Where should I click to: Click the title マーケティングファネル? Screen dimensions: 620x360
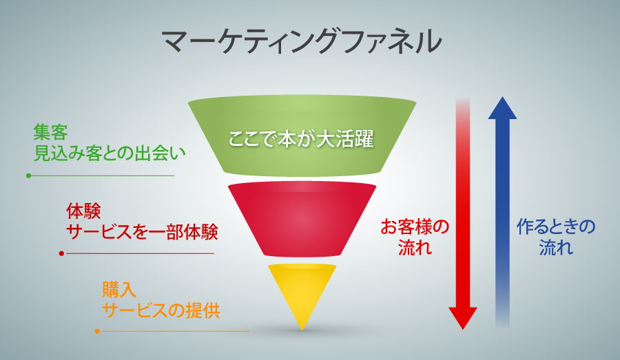(x=301, y=41)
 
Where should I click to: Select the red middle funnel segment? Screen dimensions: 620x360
(x=302, y=220)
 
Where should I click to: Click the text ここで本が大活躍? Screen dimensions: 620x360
(x=301, y=140)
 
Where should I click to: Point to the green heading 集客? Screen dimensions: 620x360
(x=50, y=132)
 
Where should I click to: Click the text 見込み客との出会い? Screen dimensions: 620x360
(x=110, y=153)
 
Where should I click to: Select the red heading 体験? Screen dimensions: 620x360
(x=83, y=211)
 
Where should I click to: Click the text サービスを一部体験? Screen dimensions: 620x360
(x=142, y=232)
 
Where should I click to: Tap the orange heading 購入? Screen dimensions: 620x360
(x=119, y=290)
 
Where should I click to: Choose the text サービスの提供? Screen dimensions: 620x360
(x=161, y=310)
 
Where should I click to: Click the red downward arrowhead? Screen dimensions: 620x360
(x=463, y=318)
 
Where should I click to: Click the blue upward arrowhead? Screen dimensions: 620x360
(x=503, y=108)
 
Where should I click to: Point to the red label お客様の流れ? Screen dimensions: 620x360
(x=415, y=237)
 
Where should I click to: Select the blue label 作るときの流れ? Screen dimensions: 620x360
(x=556, y=237)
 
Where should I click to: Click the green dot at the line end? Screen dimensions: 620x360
(x=28, y=176)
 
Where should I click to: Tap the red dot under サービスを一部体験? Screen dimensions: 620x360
(x=61, y=254)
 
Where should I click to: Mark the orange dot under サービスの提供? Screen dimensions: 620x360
(x=97, y=331)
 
